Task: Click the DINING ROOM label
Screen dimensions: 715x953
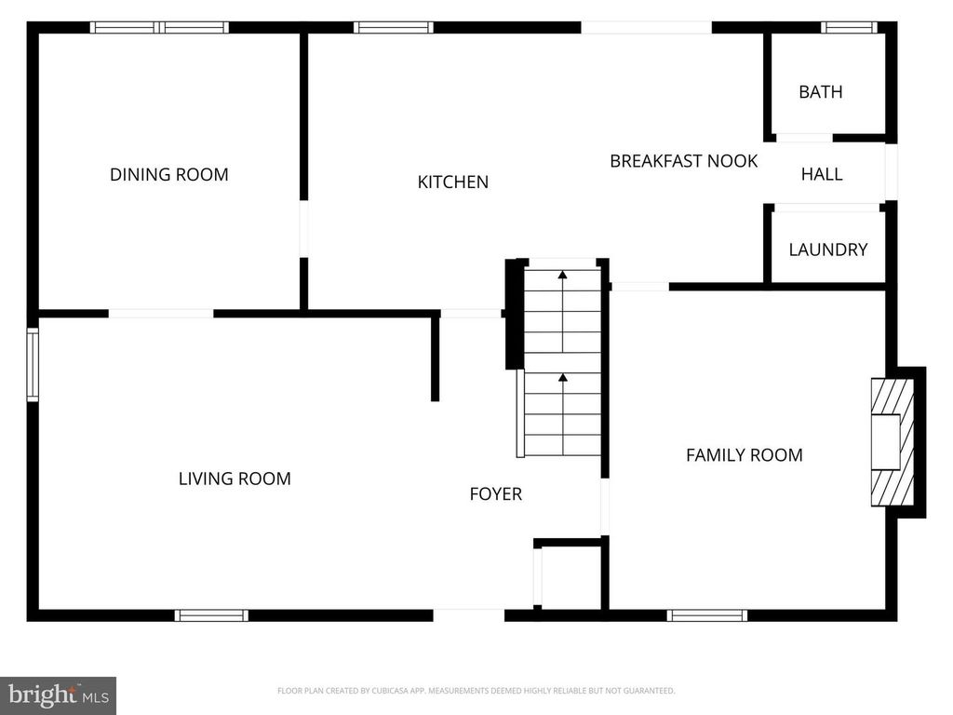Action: [168, 174]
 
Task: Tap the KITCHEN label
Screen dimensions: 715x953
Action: [452, 182]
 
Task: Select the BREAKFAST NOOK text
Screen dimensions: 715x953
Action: [683, 161]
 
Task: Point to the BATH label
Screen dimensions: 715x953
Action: [820, 91]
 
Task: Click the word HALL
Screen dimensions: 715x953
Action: [822, 174]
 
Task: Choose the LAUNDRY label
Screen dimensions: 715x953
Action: [827, 250]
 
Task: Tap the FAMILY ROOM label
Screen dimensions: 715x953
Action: [744, 454]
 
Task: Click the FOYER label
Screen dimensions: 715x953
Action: [495, 493]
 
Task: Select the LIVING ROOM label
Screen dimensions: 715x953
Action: [235, 479]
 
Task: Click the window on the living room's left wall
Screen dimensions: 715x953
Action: [33, 364]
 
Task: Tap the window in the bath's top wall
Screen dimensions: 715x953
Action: [849, 28]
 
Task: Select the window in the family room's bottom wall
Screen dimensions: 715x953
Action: [707, 614]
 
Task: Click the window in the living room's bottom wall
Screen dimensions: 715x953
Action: [211, 614]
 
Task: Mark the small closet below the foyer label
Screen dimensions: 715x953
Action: [570, 577]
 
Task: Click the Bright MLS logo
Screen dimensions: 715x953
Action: [58, 695]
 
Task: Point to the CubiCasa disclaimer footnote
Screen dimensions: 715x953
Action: [476, 691]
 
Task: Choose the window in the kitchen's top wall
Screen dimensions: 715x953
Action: [394, 28]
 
